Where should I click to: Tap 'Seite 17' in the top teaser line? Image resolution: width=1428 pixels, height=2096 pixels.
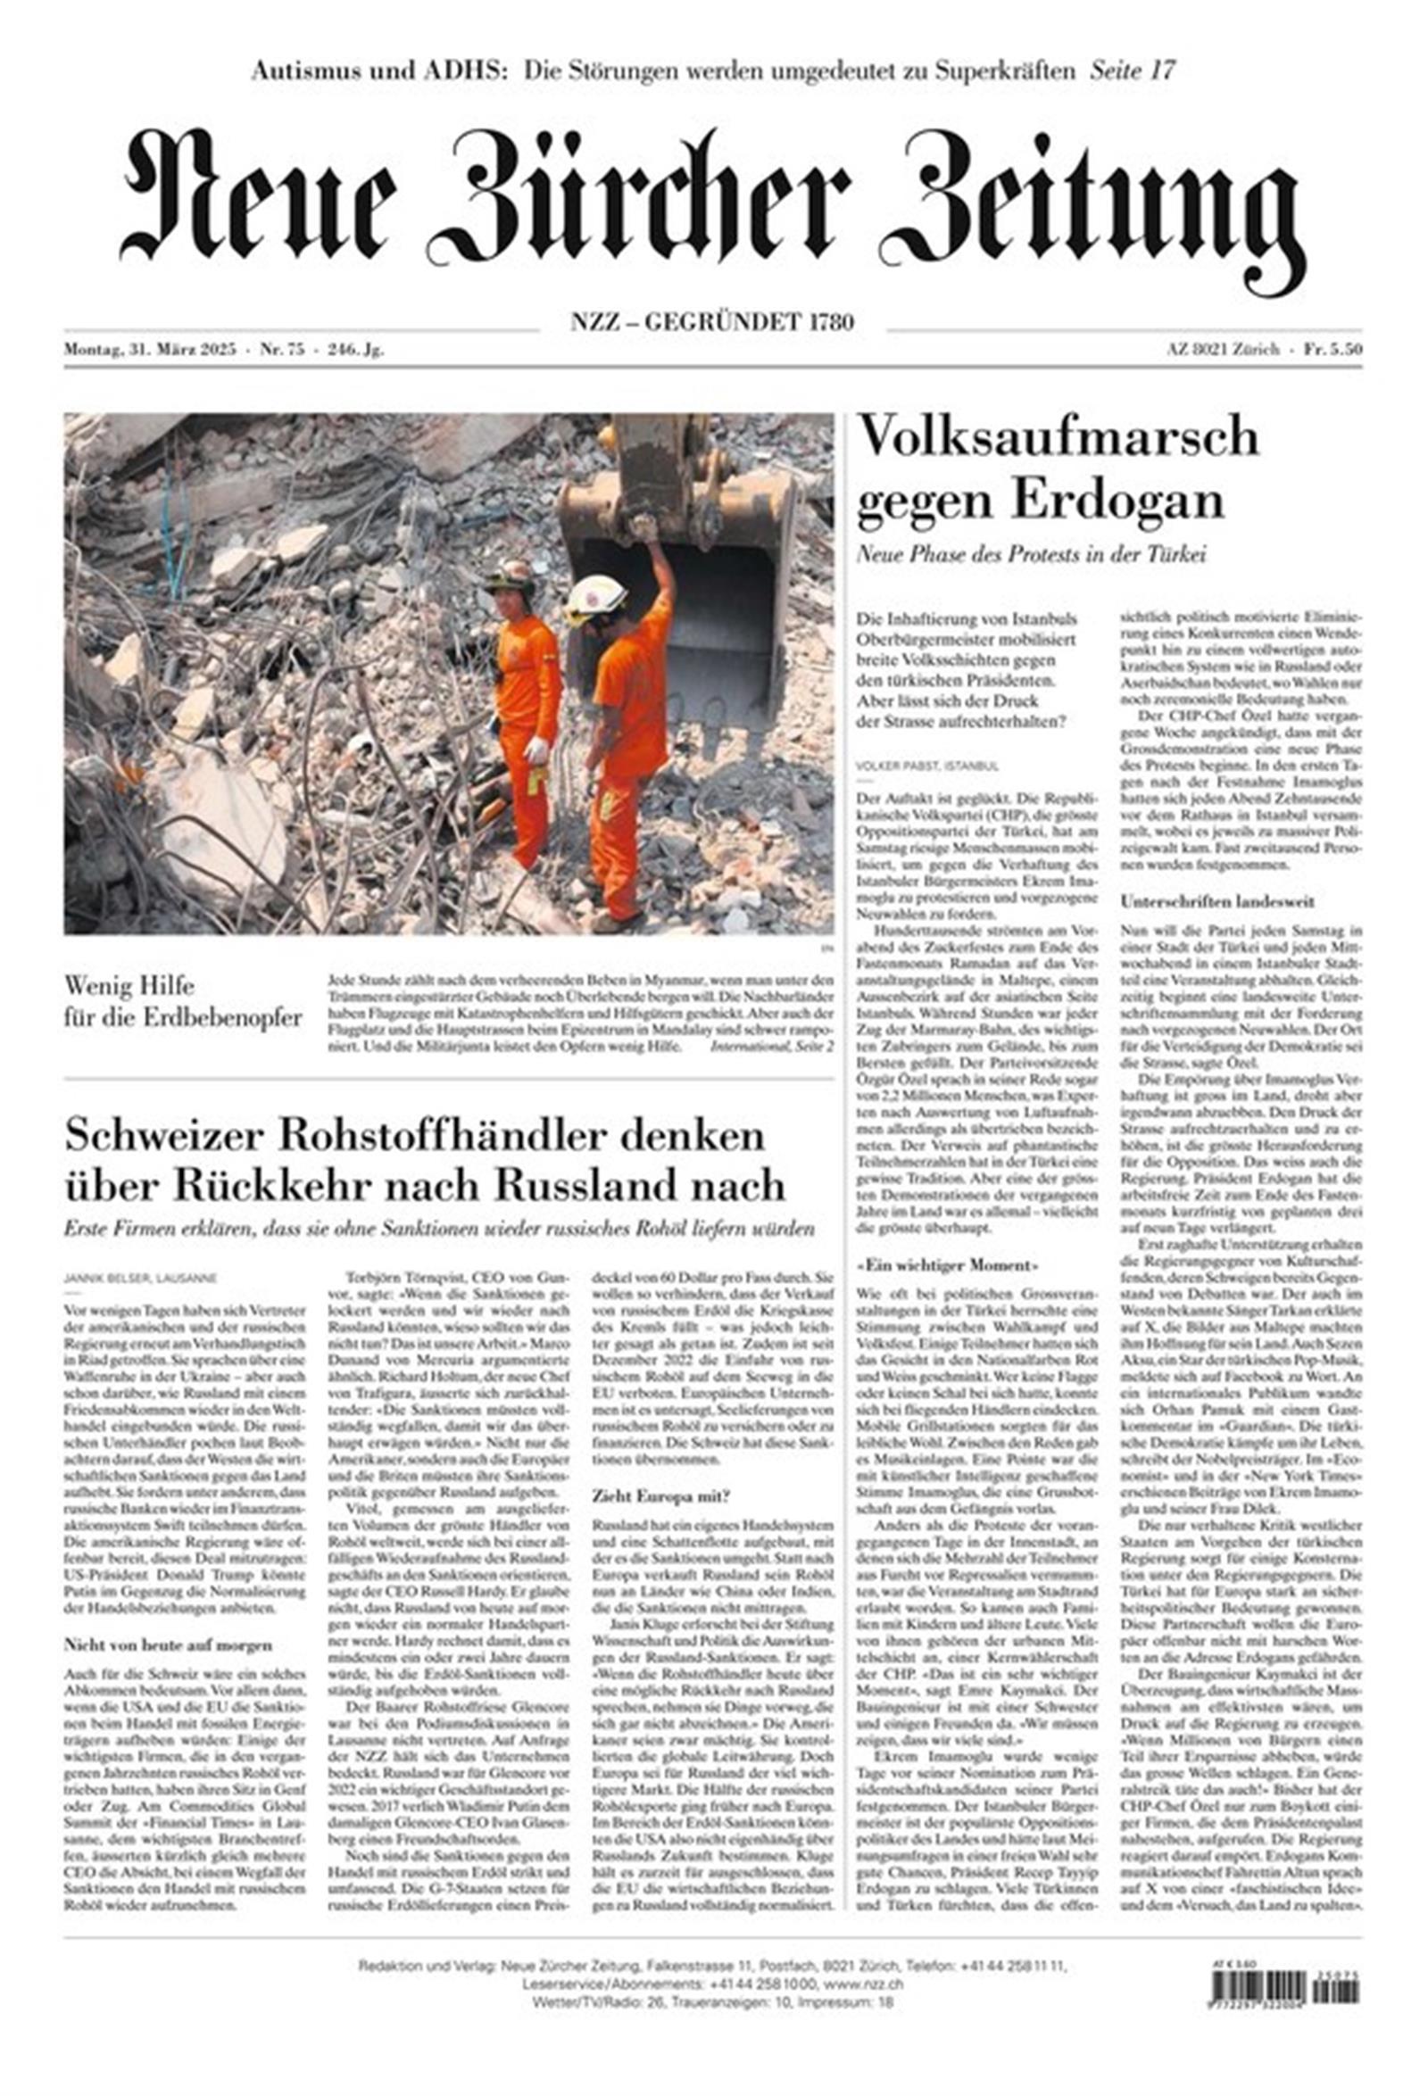point(1132,70)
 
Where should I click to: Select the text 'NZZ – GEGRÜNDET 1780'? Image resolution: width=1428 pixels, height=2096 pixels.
point(712,321)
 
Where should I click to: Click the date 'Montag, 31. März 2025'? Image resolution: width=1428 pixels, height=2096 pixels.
point(150,350)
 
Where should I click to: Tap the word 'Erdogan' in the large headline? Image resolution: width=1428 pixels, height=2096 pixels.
point(1117,501)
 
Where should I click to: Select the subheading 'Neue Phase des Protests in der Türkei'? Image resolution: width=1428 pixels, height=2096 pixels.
point(1030,554)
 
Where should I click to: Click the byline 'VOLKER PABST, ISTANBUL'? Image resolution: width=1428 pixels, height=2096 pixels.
point(926,766)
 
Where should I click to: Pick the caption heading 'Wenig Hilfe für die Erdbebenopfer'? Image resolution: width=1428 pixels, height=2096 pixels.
point(182,1002)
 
